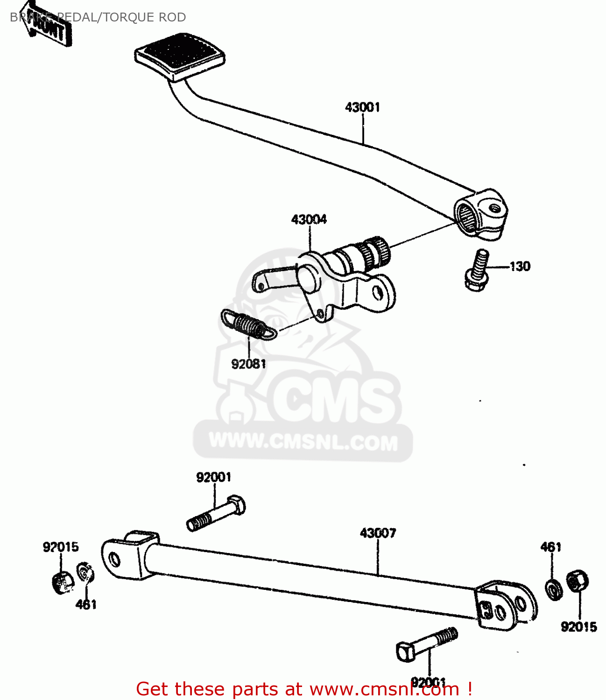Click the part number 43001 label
click(363, 107)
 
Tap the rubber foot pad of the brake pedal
click(180, 55)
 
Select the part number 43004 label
click(309, 219)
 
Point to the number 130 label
click(520, 266)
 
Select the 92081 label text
click(249, 364)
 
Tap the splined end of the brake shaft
click(376, 252)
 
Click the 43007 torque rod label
click(378, 533)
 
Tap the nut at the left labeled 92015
click(62, 582)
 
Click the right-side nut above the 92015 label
click(577, 581)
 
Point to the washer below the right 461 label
click(554, 590)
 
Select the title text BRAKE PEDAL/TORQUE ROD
click(98, 17)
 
